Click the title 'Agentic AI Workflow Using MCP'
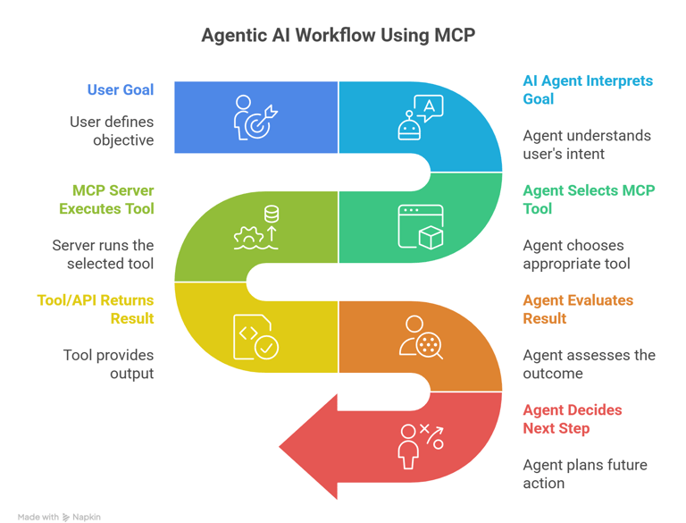pos(338,36)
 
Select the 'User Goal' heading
pos(121,89)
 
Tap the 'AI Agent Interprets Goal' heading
pos(587,89)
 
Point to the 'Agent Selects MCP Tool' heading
pos(588,199)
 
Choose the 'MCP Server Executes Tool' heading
pos(106,199)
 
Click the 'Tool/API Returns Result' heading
pos(96,309)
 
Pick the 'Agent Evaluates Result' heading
pos(577,309)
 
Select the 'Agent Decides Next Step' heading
pos(572,419)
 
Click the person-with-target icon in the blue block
pos(255,118)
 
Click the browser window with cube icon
pos(421,227)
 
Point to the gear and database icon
pos(256,227)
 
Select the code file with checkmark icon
pos(255,337)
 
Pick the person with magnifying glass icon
pos(420,337)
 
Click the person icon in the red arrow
pos(410,446)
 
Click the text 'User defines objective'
pos(112,131)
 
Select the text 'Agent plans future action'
pos(584,474)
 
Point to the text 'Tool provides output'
pos(108,364)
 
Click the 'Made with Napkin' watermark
pos(59,517)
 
